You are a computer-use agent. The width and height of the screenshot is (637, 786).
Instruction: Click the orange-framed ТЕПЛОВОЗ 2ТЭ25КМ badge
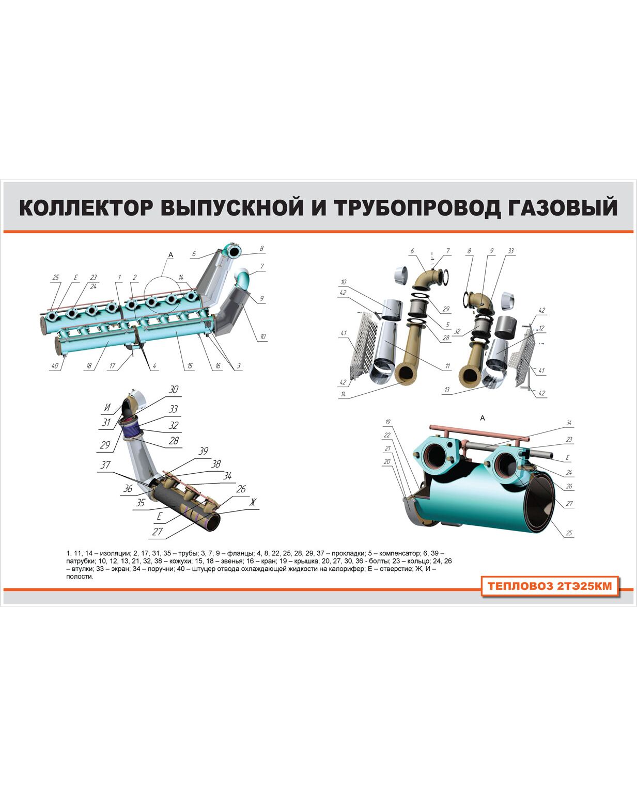550,586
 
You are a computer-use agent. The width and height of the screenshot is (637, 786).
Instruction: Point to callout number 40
55,366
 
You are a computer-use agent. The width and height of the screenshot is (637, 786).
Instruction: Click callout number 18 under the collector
89,366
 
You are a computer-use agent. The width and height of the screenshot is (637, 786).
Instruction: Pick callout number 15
190,366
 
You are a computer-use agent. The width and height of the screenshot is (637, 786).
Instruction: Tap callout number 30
174,389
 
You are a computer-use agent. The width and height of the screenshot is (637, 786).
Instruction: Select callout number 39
204,451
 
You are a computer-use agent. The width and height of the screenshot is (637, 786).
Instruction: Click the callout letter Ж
253,502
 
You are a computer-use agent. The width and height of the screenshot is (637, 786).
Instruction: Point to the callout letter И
107,407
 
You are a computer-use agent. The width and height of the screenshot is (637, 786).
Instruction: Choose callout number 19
387,422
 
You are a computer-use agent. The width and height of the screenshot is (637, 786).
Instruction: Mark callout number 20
387,461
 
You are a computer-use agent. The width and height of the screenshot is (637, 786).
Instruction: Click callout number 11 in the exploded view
447,366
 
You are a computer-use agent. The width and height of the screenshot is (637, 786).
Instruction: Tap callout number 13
447,390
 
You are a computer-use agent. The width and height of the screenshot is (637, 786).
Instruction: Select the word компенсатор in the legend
399,553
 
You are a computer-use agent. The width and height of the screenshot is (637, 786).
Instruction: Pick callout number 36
128,489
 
